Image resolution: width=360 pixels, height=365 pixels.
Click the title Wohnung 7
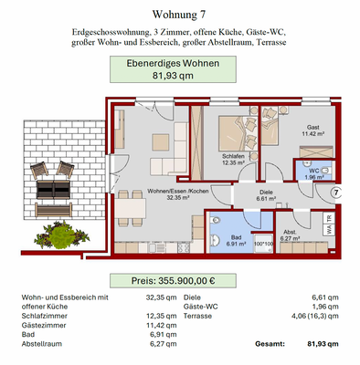pyautogui.click(x=179, y=16)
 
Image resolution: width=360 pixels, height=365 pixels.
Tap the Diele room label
pyautogui.click(x=266, y=193)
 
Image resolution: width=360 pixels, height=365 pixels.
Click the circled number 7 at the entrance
pyautogui.click(x=335, y=193)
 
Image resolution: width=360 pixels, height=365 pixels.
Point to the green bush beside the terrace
pyautogui.click(x=63, y=235)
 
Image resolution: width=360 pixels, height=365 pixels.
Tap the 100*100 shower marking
pyautogui.click(x=263, y=244)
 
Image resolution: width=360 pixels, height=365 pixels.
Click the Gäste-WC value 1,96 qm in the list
pyautogui.click(x=325, y=306)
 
